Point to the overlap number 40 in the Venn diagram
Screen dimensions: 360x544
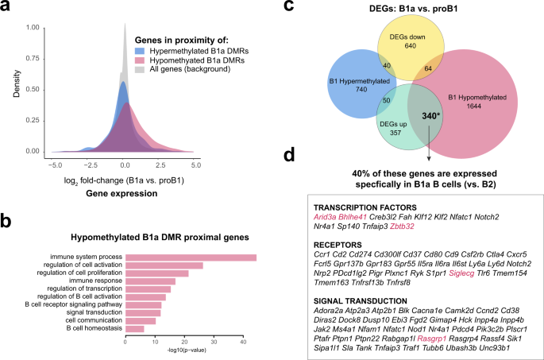tap(387, 65)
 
